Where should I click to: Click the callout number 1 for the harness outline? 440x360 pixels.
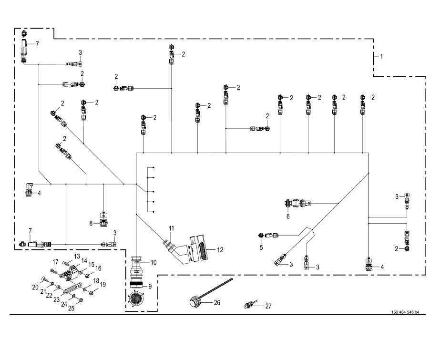381,56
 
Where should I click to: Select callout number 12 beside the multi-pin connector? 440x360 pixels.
220,250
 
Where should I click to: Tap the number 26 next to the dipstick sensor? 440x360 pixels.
217,302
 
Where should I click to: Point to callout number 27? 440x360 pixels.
268,306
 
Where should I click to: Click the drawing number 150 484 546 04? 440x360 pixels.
405,312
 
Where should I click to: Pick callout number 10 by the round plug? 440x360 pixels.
153,262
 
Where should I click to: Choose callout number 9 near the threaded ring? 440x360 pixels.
150,286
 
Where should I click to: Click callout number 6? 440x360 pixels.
288,216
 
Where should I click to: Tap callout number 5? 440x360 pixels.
261,247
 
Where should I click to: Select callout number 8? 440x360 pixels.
91,223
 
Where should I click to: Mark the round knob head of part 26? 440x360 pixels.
193,302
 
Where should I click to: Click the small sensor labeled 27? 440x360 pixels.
249,305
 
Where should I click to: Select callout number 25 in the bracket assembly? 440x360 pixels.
72,308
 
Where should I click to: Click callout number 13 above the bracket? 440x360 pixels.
77,256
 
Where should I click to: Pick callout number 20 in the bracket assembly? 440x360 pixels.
35,287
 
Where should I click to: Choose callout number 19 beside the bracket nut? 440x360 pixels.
102,285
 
